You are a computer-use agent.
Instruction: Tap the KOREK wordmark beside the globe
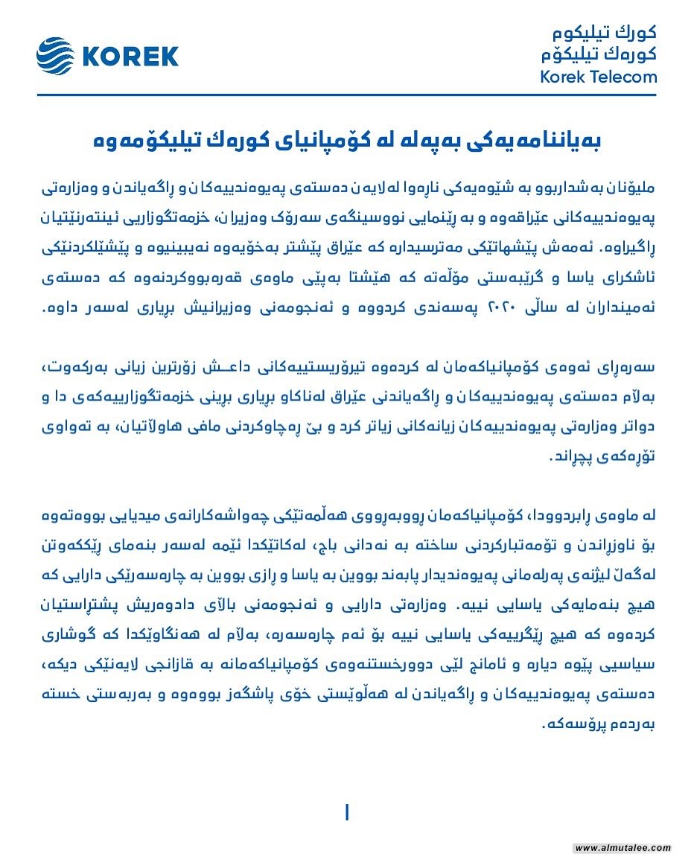point(130,57)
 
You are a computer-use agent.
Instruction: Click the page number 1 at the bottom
point(347,812)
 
